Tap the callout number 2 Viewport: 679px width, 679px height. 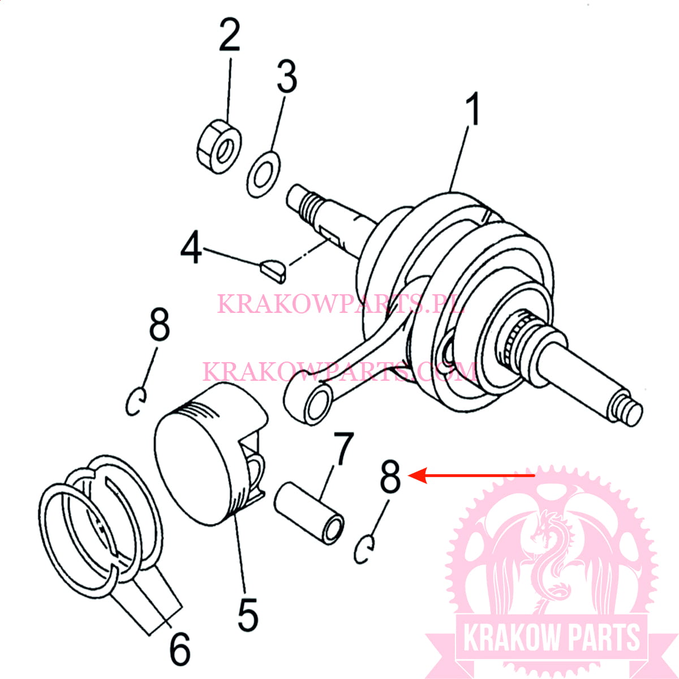point(230,35)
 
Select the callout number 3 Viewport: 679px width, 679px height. point(287,78)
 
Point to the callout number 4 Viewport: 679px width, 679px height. point(191,248)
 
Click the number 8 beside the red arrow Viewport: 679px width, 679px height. point(390,476)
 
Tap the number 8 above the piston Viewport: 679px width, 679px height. point(159,324)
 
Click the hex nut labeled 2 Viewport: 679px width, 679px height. point(220,145)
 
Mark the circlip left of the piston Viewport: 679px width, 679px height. point(136,401)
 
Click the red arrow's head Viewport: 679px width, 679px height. point(412,476)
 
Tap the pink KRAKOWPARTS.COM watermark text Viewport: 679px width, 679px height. point(339,372)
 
